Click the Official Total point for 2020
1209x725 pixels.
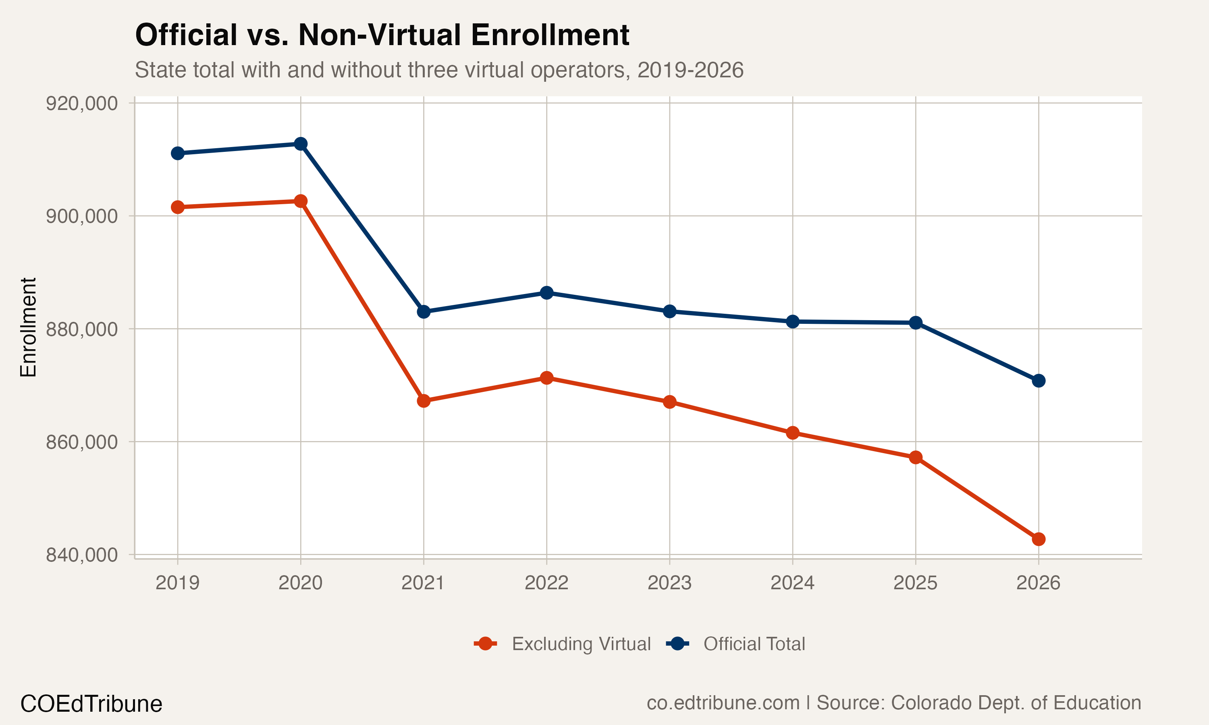pos(301,144)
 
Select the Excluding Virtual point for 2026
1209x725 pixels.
pos(1039,539)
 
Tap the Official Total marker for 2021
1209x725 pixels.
pos(424,312)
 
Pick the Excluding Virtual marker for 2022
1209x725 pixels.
pos(546,378)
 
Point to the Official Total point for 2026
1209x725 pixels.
pos(1039,381)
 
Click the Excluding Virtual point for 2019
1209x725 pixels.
pos(177,207)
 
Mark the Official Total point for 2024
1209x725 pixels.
pos(793,321)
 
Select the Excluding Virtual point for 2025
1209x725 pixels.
pos(915,457)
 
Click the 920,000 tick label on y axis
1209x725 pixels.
pos(82,104)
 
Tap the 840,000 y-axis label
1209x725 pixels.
pos(82,555)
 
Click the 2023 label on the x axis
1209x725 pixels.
pos(669,583)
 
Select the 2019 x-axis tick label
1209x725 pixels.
pos(177,583)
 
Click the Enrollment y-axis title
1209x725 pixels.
pos(28,327)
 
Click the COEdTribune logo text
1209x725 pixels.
pos(91,704)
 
